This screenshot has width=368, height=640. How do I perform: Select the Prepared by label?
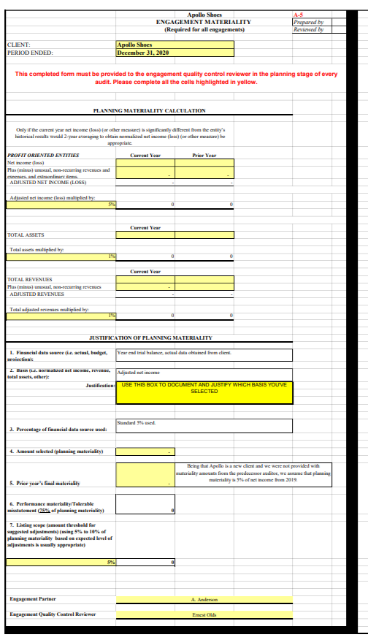(307, 22)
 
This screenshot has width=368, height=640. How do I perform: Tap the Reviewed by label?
(307, 30)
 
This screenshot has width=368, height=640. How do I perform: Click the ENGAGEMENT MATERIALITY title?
(204, 22)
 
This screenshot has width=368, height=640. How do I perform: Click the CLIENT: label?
(19, 45)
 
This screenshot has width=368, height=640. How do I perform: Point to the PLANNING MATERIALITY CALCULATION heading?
(150, 110)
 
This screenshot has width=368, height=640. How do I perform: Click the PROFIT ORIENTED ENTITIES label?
(42, 155)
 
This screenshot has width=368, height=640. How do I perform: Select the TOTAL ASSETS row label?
(26, 235)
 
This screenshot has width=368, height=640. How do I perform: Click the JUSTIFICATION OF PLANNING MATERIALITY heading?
(150, 338)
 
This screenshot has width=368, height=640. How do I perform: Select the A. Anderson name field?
(204, 599)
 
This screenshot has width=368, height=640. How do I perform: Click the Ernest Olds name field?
(204, 614)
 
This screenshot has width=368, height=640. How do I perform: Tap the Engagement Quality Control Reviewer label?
(53, 614)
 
